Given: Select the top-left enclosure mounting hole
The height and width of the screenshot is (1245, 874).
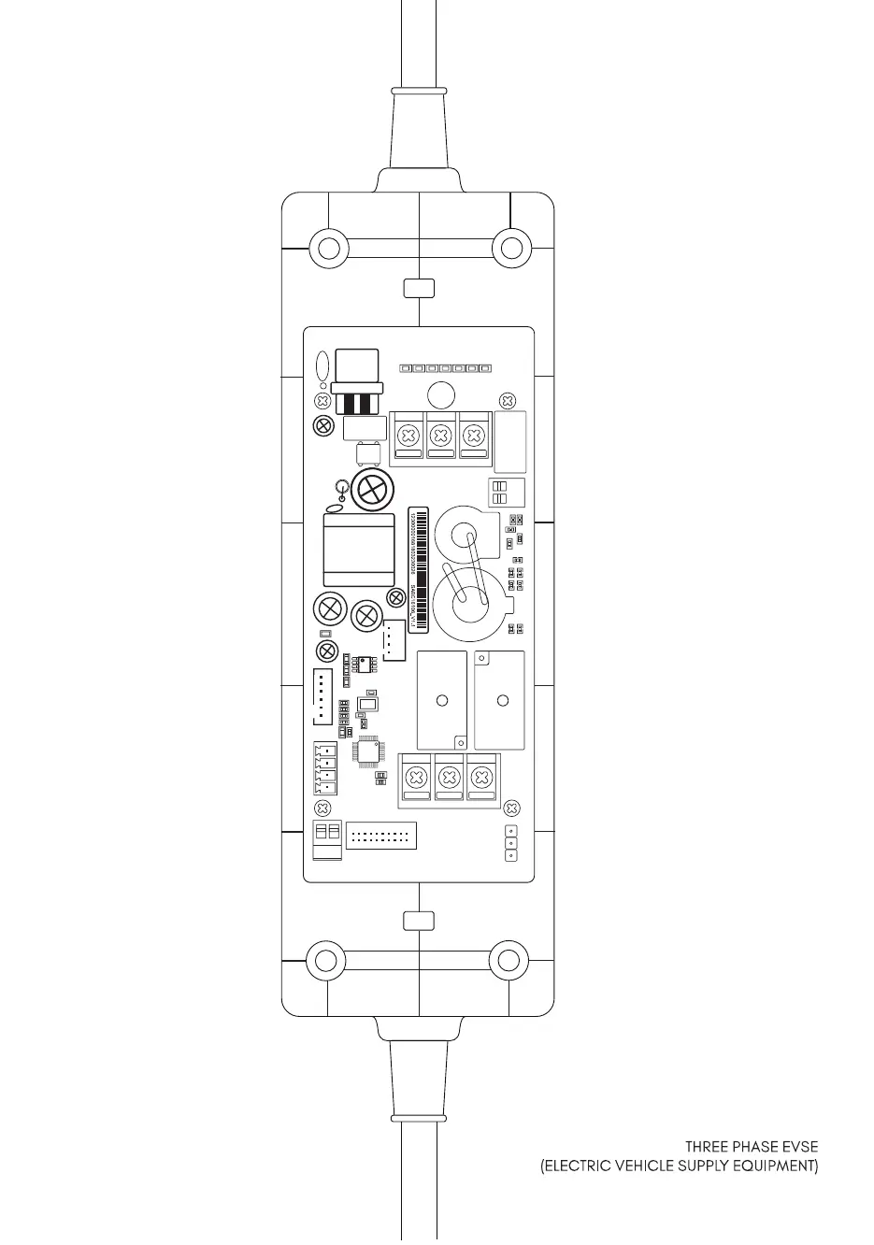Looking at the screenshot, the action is (329, 248).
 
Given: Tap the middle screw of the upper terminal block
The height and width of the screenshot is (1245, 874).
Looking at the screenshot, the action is (441, 436).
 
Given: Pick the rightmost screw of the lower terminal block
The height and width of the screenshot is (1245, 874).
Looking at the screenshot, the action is (481, 777).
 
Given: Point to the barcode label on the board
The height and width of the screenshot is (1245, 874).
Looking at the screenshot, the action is (419, 567).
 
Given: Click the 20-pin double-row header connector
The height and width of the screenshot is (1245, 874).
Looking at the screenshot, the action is (380, 836).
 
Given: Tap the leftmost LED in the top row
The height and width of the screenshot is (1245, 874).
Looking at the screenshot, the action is (405, 369).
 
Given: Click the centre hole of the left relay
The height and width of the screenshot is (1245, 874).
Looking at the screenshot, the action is (442, 700).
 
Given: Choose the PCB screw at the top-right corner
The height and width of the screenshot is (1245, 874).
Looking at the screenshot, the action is (507, 400).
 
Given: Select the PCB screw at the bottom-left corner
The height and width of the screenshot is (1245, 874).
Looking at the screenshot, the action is (323, 808).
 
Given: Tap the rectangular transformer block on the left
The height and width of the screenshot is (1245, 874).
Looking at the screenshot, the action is (359, 550).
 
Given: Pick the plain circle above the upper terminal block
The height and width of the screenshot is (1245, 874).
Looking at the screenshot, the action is (440, 394).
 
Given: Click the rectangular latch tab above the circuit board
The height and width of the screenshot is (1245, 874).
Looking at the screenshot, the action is (419, 288).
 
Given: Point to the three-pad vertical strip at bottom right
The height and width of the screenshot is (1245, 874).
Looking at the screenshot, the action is (510, 843).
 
